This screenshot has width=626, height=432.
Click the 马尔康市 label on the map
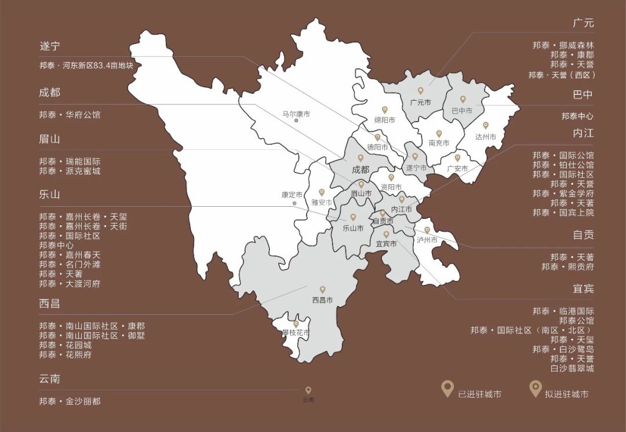point(296,114)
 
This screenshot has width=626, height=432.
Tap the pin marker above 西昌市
point(323,290)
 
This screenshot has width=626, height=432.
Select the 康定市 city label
point(292,195)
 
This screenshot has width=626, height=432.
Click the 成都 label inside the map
point(360,170)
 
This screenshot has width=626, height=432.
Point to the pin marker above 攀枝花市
point(296,324)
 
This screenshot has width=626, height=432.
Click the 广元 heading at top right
point(583,24)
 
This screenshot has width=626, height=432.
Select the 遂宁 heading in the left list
point(50,46)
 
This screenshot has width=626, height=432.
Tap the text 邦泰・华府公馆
point(70,115)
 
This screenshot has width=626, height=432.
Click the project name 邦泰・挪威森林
point(563,45)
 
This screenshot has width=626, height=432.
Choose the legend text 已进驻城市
point(479,394)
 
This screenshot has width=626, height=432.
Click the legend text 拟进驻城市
point(566,394)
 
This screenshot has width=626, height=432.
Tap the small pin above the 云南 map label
point(308,390)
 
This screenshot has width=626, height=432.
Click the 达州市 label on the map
point(486,137)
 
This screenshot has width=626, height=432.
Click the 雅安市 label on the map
point(322,203)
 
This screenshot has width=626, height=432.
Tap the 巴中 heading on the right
point(583,94)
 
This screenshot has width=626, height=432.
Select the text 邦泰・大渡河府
point(70,284)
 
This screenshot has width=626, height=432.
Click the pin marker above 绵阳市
point(384,109)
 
